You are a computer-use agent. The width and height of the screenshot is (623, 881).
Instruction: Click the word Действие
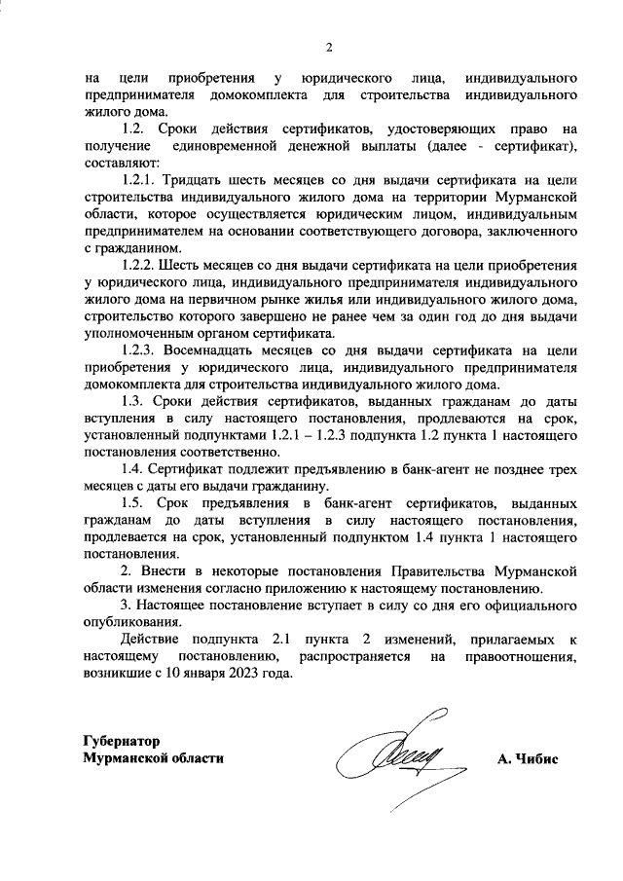[150, 640]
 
